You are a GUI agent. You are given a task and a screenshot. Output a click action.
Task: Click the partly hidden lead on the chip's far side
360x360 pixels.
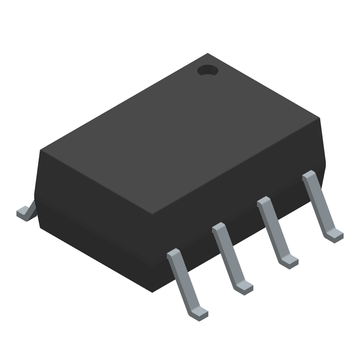[26, 212]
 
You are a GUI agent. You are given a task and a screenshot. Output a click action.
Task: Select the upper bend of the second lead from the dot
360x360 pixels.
[263, 201]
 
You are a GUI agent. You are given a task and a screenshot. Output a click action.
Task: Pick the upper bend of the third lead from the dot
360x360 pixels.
[219, 227]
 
